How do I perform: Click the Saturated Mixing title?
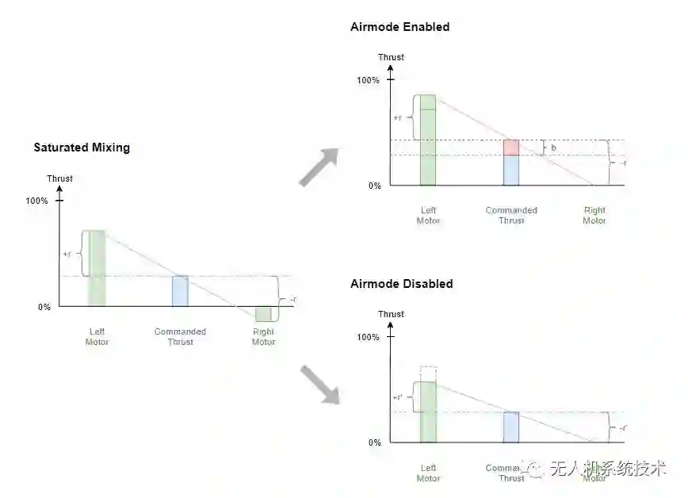[x=82, y=147]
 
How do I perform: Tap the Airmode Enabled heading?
[x=399, y=27]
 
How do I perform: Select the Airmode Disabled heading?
[x=401, y=284]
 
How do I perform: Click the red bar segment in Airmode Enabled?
[x=510, y=147]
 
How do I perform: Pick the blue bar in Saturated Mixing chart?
[x=180, y=291]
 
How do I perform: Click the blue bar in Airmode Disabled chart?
[x=510, y=427]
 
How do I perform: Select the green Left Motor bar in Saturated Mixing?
[x=96, y=268]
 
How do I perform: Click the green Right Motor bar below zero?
[x=263, y=314]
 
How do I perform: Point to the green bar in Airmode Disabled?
[x=428, y=412]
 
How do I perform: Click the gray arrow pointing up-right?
[x=319, y=167]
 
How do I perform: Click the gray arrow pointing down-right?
[x=319, y=385]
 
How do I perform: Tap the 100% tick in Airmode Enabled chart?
[x=369, y=80]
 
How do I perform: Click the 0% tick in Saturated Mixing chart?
[x=44, y=307]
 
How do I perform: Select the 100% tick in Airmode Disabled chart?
[x=369, y=337]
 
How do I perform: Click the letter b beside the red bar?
[x=553, y=147]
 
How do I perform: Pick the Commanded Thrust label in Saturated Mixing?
[x=180, y=337]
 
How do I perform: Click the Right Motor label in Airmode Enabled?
[x=594, y=216]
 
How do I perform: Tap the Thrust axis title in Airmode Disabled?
[x=391, y=314]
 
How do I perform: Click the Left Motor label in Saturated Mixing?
[x=97, y=337]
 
